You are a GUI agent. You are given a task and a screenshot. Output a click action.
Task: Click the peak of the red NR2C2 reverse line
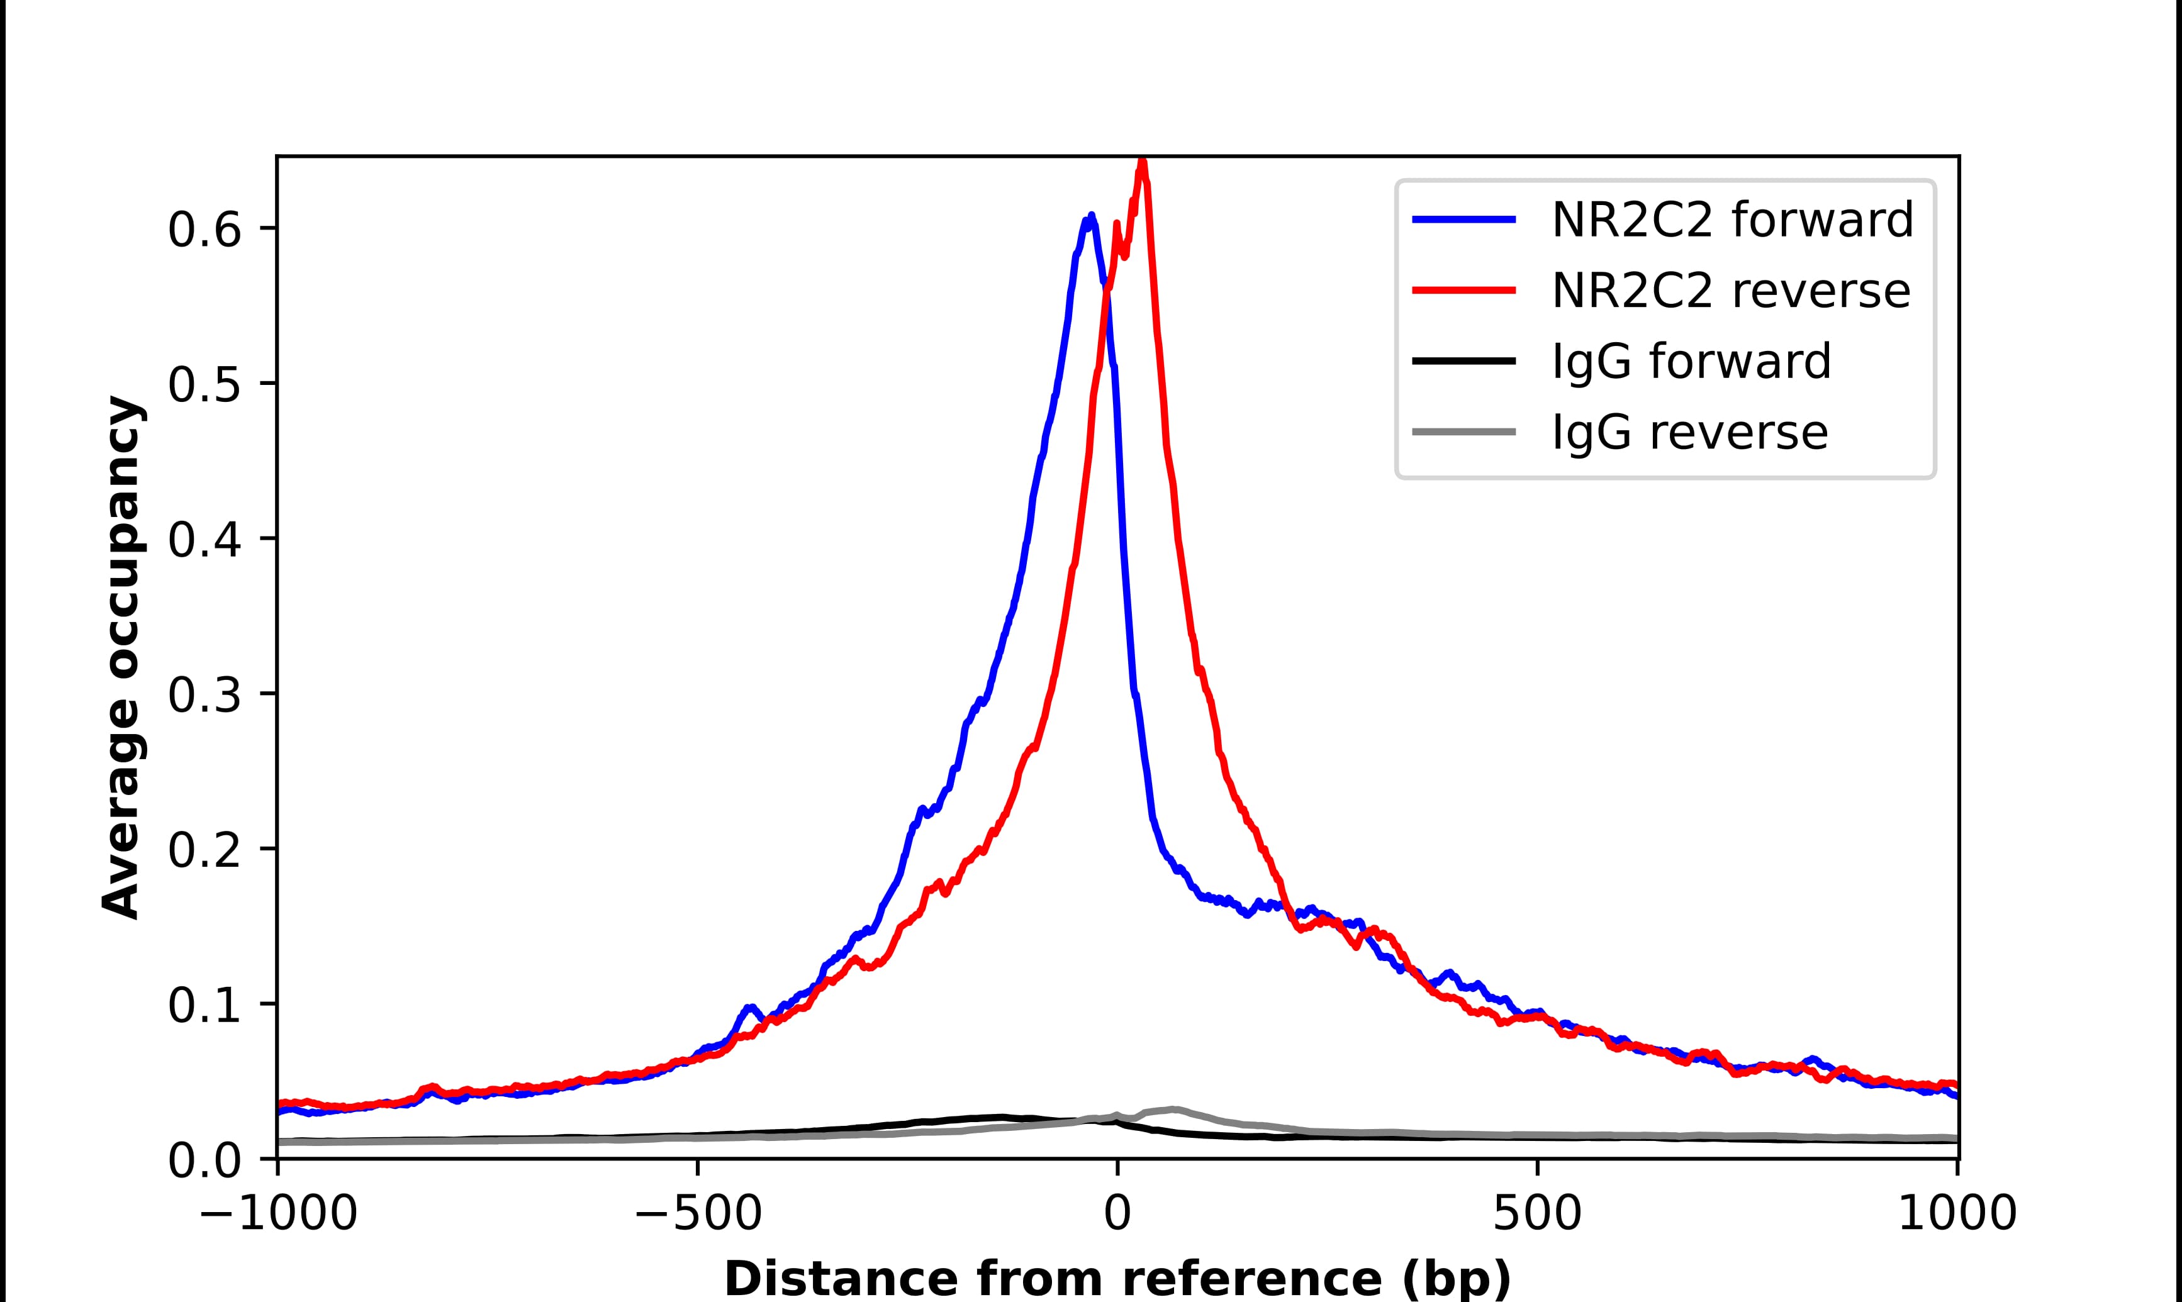[1141, 162]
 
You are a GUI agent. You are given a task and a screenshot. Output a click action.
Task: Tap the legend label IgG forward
[1691, 362]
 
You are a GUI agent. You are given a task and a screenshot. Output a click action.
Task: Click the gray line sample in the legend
[1463, 431]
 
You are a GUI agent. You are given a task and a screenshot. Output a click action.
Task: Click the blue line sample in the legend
[1463, 220]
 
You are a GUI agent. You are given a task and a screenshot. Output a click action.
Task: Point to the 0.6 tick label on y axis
[204, 230]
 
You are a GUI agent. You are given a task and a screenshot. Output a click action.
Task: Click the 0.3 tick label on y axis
[204, 695]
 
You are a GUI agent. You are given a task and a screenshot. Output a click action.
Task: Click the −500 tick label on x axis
[698, 1215]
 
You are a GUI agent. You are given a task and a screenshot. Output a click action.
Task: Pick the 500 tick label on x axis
[1537, 1215]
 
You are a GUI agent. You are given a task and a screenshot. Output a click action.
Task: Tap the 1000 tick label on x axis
[1957, 1215]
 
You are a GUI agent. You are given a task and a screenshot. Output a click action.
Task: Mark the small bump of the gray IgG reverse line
[1172, 1109]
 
